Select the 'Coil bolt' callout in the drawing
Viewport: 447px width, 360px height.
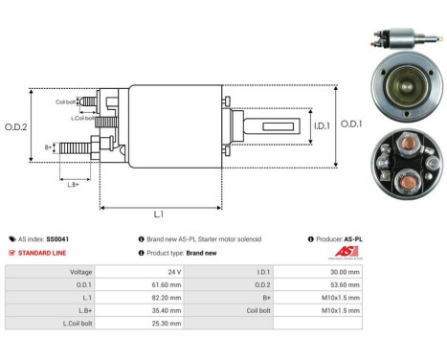(66, 101)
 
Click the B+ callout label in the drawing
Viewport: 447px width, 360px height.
(49, 147)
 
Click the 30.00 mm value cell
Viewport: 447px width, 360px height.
(346, 272)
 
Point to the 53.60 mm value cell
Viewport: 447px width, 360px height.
(346, 284)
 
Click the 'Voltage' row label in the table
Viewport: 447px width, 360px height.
(79, 272)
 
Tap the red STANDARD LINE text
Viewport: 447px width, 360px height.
(44, 253)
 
